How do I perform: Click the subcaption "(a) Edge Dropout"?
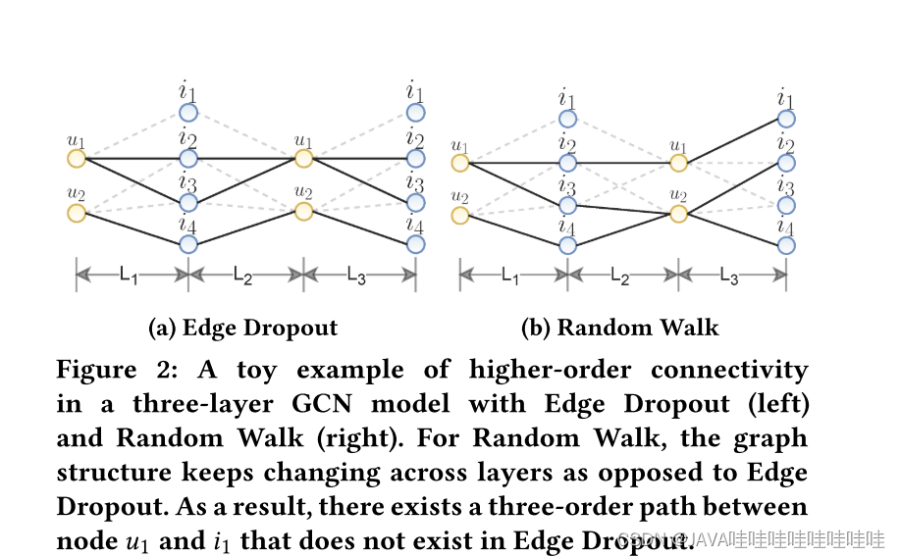point(242,328)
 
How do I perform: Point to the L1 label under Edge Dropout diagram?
point(129,278)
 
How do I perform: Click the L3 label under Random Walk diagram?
point(729,278)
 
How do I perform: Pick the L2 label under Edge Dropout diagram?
point(243,278)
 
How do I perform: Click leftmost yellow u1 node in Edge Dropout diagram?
point(76,158)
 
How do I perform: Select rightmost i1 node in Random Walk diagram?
point(786,119)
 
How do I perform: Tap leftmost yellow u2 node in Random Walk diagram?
point(459,215)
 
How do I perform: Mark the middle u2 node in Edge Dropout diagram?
point(303,211)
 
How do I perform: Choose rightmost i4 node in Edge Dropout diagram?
point(416,243)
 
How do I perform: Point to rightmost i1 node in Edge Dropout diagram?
point(416,113)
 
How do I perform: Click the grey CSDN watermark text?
point(752,539)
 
